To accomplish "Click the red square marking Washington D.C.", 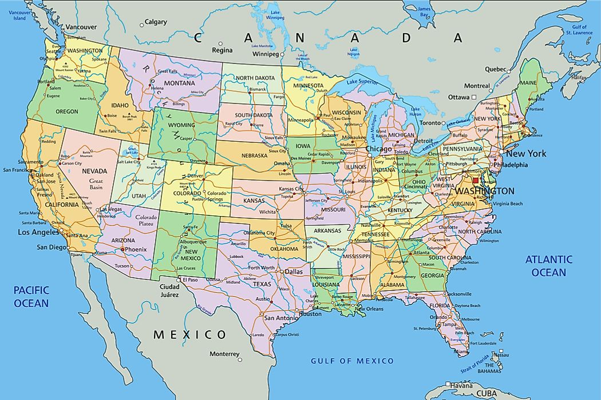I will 475,181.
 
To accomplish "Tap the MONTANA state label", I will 179,83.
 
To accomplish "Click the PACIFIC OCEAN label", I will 31,297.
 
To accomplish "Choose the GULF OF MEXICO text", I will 352,361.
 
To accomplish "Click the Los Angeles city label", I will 39,233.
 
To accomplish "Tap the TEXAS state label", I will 262,284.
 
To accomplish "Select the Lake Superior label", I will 360,82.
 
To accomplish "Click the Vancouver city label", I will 81,27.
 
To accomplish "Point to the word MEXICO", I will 189,334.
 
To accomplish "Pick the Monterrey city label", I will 224,354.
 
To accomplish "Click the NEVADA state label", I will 94,171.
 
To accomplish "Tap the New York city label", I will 525,154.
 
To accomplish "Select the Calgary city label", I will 156,22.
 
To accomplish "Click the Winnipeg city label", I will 267,54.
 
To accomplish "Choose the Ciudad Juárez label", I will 169,290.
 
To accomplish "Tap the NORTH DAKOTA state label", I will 256,78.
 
